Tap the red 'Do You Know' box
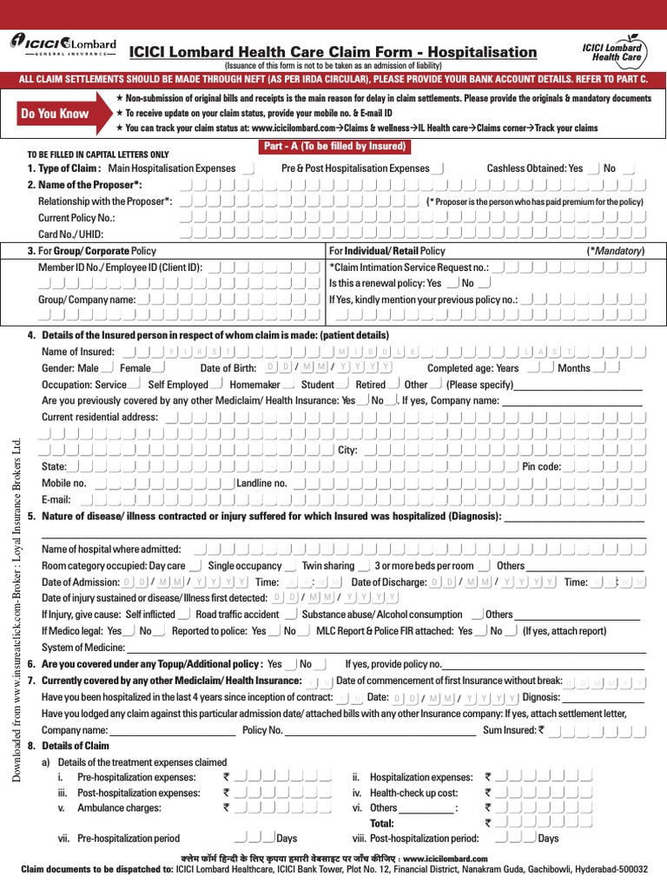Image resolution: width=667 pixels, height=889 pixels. pyautogui.click(x=55, y=114)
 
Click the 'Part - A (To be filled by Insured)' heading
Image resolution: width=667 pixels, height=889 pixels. pyautogui.click(x=333, y=147)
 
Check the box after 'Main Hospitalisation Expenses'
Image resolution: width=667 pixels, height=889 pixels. pyautogui.click(x=248, y=168)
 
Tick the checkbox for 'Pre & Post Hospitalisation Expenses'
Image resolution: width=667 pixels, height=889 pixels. pyautogui.click(x=439, y=168)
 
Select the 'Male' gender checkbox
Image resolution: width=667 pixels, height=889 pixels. pyautogui.click(x=108, y=368)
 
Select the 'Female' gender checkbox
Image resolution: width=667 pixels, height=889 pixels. pyautogui.click(x=159, y=368)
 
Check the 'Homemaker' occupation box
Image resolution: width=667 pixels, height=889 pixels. pyautogui.click(x=288, y=385)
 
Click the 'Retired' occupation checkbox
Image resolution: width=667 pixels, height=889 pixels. pyautogui.click(x=395, y=385)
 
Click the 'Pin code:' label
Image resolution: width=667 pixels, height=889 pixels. pyautogui.click(x=541, y=466)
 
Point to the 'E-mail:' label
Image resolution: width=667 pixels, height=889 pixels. pyautogui.click(x=56, y=500)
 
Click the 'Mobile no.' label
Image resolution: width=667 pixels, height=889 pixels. pyautogui.click(x=63, y=483)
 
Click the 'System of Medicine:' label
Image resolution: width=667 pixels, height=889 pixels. pyautogui.click(x=83, y=648)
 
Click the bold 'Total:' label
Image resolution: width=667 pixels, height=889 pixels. pyautogui.click(x=382, y=823)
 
